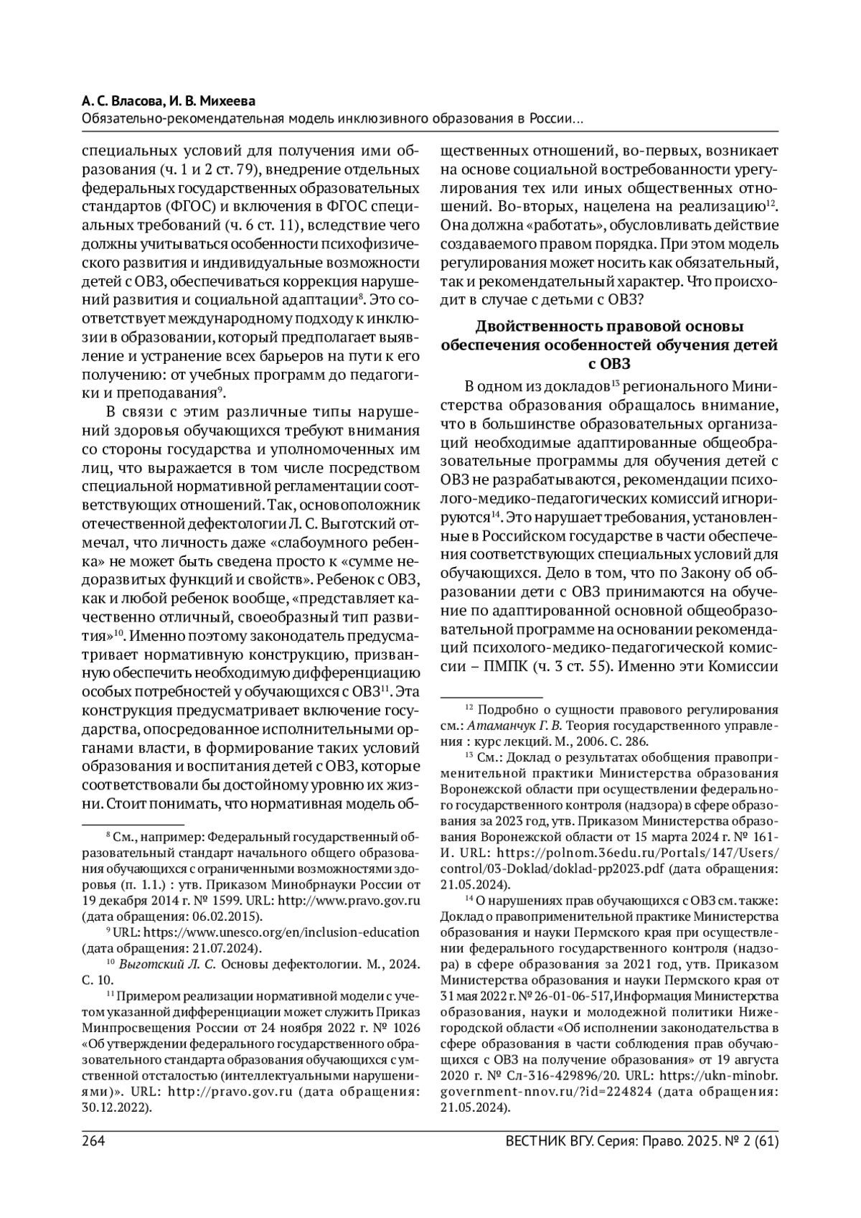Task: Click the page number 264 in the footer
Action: coord(93,1140)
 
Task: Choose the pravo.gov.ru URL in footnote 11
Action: coord(237,1092)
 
